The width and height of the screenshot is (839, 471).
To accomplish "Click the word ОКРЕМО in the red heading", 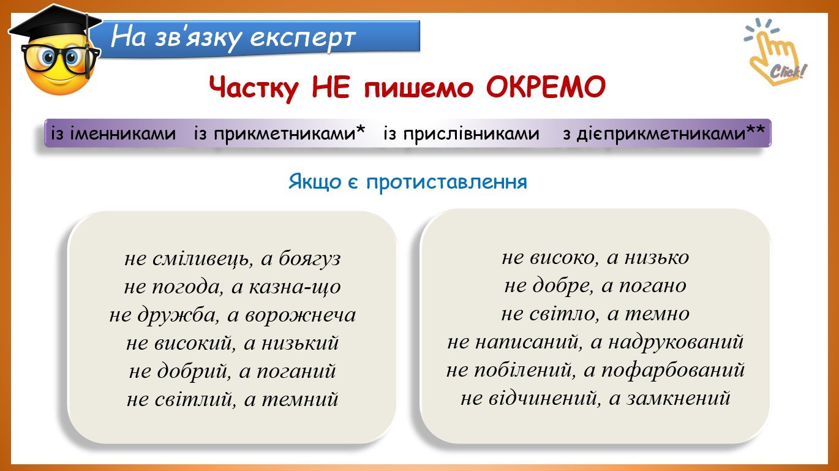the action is [545, 88].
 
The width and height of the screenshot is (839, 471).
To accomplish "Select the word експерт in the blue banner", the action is [303, 38].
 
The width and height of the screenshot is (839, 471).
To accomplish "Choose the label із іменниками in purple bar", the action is [113, 134].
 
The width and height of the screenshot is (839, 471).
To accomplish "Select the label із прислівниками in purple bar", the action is [462, 134].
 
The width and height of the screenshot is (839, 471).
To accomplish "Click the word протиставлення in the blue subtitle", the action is [446, 183].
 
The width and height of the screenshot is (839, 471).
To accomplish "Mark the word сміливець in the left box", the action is [201, 259].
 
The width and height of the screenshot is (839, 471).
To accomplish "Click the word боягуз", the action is [309, 259].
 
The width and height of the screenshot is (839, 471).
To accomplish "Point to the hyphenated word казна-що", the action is [295, 287].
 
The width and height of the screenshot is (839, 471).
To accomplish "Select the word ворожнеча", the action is [301, 315].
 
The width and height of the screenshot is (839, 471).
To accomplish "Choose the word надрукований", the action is [676, 342].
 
